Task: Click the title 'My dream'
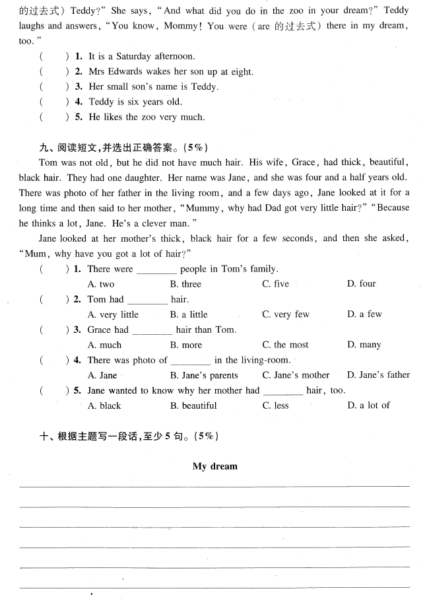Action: (214, 466)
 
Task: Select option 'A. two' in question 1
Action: (101, 284)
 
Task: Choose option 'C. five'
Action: (275, 284)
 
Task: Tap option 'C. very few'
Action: (285, 314)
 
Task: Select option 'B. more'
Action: (185, 345)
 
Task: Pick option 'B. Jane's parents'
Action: (203, 375)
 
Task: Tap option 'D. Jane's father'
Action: (378, 375)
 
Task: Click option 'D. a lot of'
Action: (368, 406)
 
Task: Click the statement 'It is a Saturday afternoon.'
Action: (142, 57)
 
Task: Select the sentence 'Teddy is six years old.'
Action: (135, 102)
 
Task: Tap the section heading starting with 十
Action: (128, 436)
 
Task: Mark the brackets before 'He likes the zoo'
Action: (54, 117)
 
